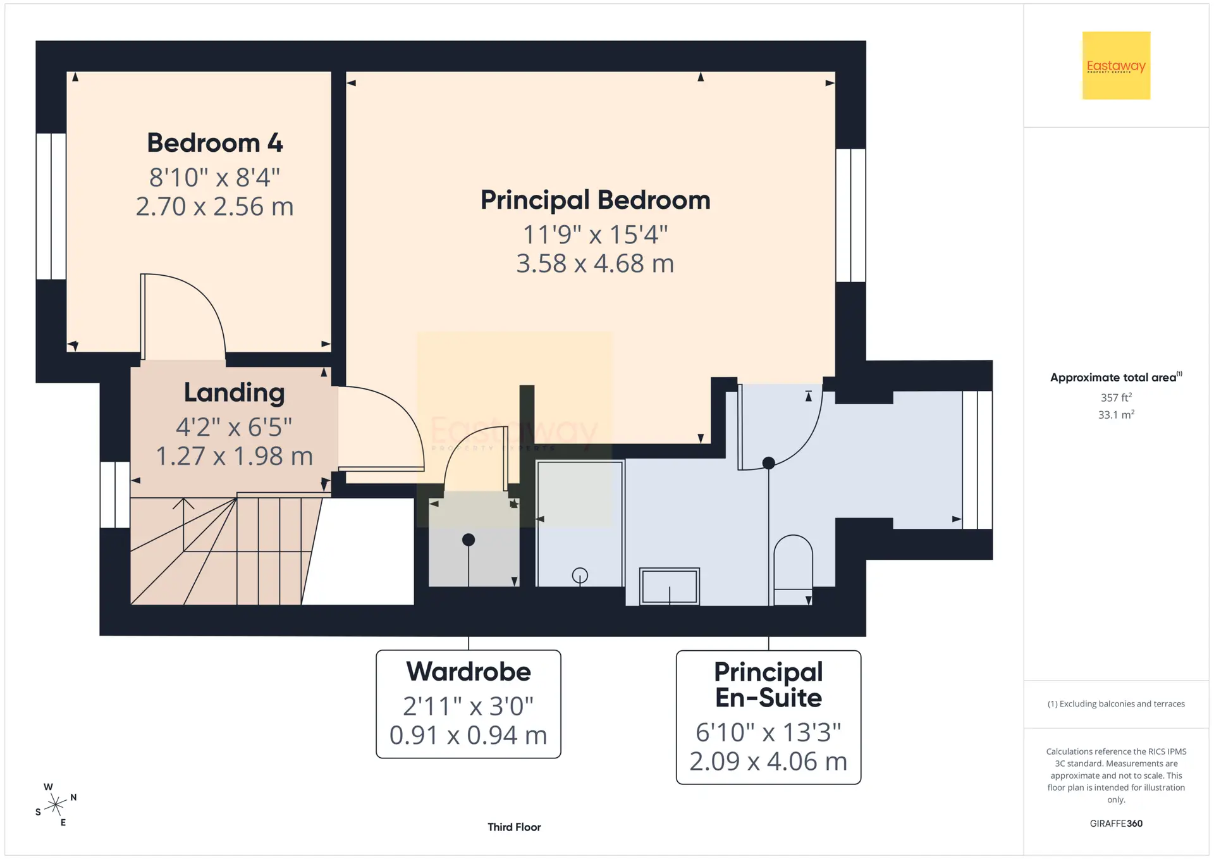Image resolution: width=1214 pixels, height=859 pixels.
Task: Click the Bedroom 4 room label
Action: click(215, 143)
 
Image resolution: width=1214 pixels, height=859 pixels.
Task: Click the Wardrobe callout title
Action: click(469, 672)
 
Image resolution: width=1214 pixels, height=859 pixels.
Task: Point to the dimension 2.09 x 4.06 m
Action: click(768, 762)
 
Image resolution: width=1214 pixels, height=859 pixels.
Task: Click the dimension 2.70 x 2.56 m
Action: click(215, 207)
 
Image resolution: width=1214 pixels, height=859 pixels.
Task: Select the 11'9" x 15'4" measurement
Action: click(595, 235)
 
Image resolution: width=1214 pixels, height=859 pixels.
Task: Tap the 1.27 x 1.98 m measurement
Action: click(234, 456)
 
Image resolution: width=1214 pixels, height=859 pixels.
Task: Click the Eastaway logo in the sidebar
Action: click(1116, 66)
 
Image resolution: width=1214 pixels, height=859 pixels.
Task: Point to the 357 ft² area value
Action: click(1116, 397)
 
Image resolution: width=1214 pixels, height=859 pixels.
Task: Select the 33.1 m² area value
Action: click(1116, 414)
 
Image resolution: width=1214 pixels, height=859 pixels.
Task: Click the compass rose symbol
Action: click(56, 805)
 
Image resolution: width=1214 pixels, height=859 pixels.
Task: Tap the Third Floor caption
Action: click(514, 827)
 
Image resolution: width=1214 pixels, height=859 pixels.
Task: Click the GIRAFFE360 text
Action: click(1116, 824)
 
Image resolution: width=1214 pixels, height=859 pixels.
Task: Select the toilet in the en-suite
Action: click(793, 570)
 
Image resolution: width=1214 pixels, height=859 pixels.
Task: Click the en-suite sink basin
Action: click(670, 586)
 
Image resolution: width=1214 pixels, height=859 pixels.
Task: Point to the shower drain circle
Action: click(580, 576)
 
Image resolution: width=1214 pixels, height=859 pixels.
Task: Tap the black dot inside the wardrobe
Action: click(469, 540)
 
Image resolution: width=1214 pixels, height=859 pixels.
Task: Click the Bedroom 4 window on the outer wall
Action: click(51, 206)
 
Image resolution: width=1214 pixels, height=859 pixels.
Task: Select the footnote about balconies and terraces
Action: click(1116, 704)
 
